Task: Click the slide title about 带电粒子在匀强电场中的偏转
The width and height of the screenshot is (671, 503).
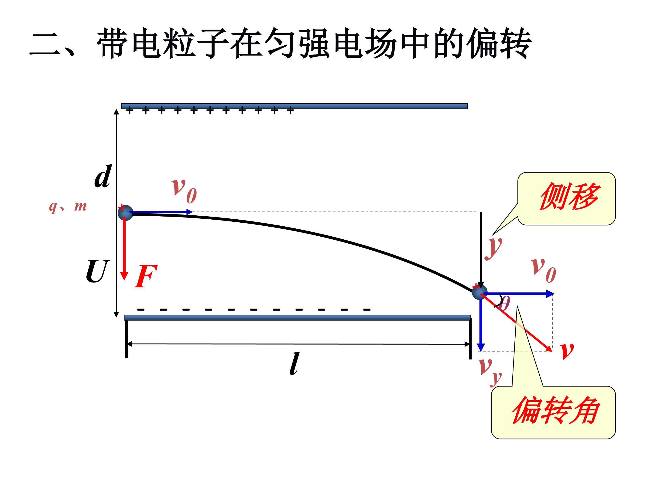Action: [281, 43]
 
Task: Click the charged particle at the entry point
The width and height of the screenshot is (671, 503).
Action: [126, 213]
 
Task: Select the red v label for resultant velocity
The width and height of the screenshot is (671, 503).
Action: [567, 350]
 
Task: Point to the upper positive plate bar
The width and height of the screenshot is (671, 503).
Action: [294, 106]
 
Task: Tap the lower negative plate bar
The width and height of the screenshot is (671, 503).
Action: [297, 317]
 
